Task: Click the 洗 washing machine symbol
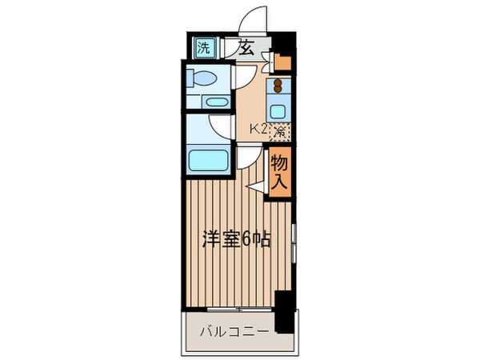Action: click(204, 47)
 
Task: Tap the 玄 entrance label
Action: click(246, 47)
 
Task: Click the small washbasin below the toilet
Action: click(214, 102)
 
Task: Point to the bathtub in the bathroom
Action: click(210, 159)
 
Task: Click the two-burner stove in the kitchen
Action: click(278, 86)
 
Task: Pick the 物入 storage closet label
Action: click(278, 172)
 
